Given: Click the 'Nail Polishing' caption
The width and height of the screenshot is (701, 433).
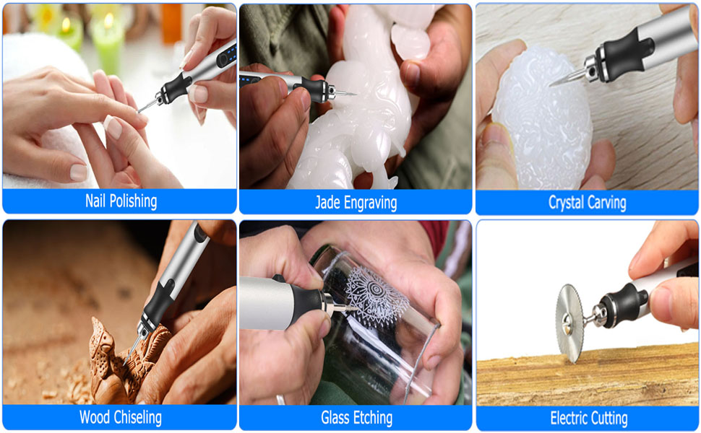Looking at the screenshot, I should click(121, 201).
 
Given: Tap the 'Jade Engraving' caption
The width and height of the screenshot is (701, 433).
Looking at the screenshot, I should click(356, 203).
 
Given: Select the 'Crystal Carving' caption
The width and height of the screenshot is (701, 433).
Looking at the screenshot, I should click(588, 203).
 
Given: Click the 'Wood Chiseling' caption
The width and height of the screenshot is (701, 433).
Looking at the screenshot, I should click(121, 417).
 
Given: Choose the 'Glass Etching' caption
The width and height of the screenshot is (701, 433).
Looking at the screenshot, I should click(356, 418).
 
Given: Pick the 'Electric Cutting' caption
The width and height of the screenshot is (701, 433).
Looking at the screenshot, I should click(588, 418).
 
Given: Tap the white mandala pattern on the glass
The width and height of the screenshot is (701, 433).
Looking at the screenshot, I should click(376, 295).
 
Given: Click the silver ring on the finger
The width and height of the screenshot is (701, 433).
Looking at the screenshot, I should click(280, 399).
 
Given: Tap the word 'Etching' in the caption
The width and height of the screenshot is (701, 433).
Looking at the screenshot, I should click(374, 418).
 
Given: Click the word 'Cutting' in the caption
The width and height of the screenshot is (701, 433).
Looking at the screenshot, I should click(608, 418).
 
